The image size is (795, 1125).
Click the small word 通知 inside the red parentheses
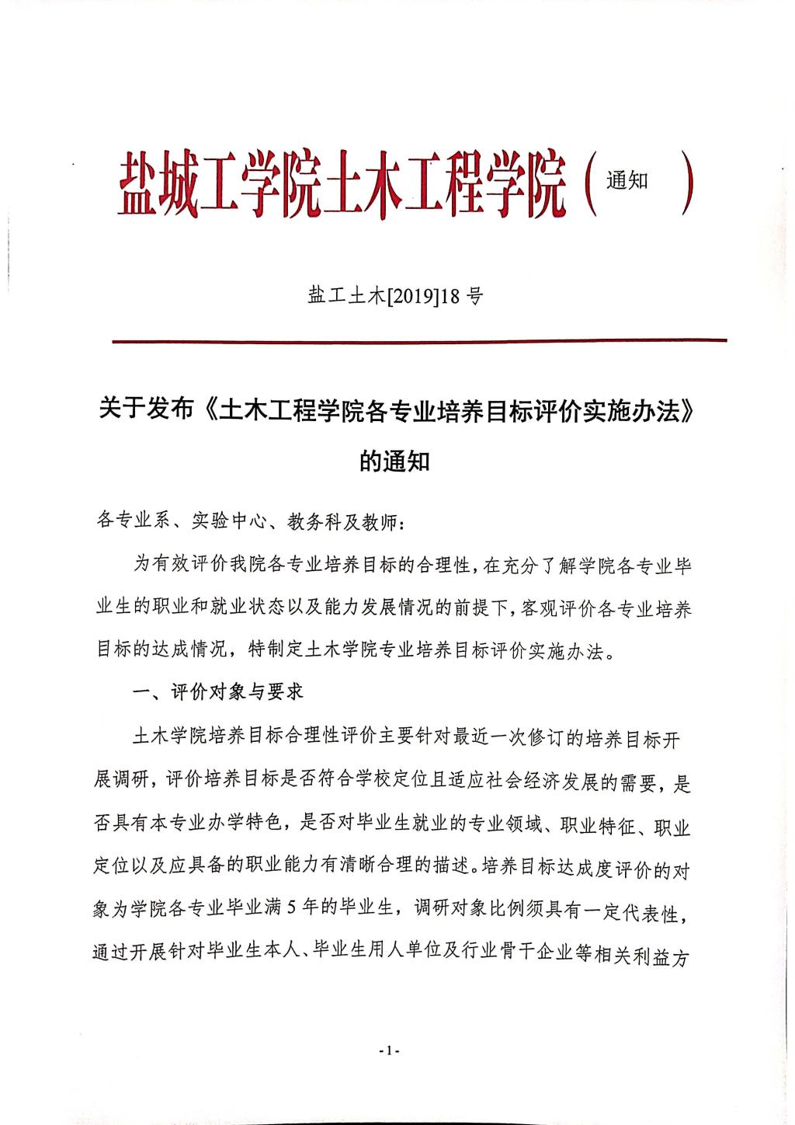(627, 180)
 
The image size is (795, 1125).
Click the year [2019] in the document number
(411, 296)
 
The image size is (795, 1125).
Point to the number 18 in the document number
(453, 296)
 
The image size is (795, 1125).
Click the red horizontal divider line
(419, 340)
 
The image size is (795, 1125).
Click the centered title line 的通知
(394, 461)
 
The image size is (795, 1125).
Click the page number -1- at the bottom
(389, 1050)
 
